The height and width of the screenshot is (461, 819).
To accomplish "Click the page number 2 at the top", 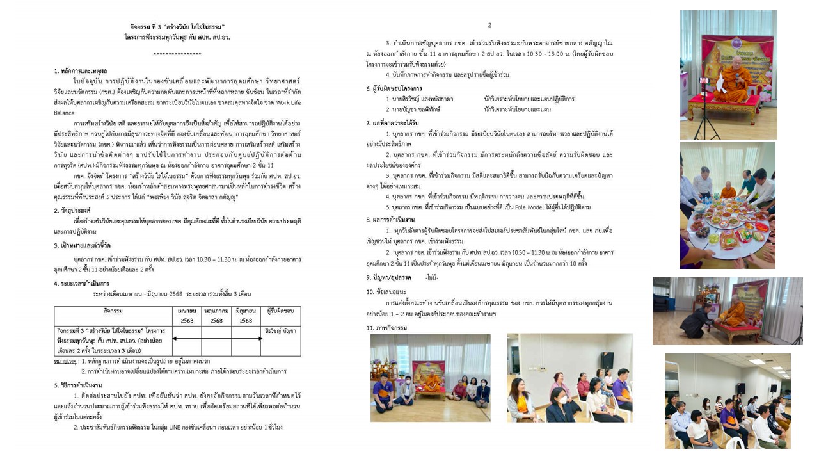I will point(489,26).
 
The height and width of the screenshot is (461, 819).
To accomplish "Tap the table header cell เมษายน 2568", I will point(187,316).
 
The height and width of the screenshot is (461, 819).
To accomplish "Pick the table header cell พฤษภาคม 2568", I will point(216,316).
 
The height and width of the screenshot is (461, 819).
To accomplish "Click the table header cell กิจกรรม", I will point(113,311).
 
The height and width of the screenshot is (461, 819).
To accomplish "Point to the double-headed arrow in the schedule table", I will point(216,339).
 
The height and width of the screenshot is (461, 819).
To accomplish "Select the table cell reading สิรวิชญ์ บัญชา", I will point(280,331).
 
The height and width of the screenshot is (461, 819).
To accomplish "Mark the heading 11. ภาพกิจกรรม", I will point(386,328).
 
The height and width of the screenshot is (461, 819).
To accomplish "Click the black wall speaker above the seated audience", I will point(606,360).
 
